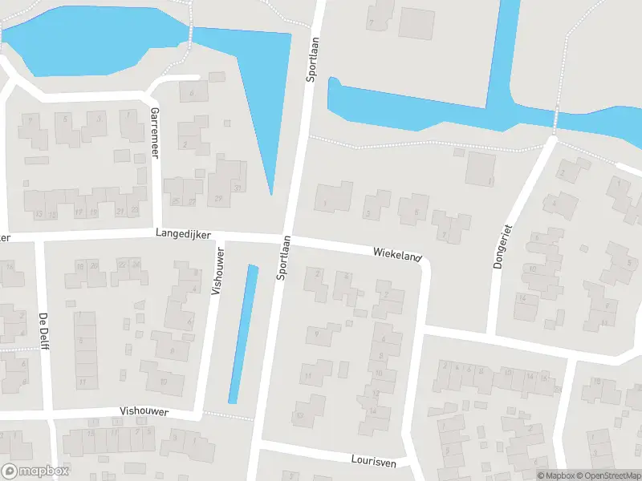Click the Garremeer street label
coord(155,134)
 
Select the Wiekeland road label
coord(396,254)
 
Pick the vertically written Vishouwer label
coord(218,272)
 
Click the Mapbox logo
coord(34,472)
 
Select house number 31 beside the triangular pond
coord(237,188)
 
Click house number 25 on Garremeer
coord(176,201)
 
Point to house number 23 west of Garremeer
coord(135,210)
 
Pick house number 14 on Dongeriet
coord(522,298)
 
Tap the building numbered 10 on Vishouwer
coord(162,382)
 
